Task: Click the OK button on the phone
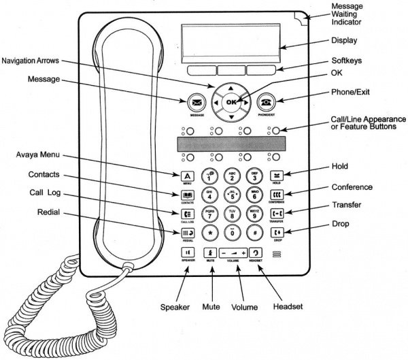(x=233, y=102)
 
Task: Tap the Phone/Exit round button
(x=266, y=103)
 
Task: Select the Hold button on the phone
(x=277, y=175)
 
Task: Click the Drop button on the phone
(x=277, y=233)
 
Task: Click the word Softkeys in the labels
(x=347, y=61)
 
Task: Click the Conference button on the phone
(x=277, y=194)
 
